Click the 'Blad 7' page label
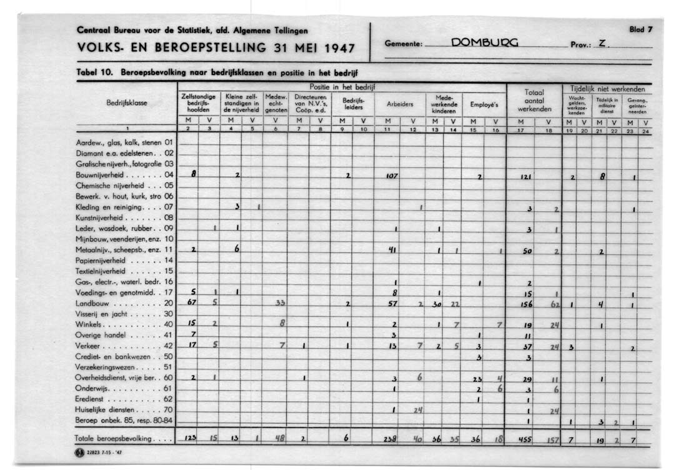click(641, 29)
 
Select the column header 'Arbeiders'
click(399, 104)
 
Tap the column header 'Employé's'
click(484, 104)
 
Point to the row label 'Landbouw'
click(97, 302)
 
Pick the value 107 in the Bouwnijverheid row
click(392, 177)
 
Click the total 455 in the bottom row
click(525, 439)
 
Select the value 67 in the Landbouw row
click(192, 302)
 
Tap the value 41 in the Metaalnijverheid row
click(393, 249)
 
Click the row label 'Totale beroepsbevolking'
click(113, 439)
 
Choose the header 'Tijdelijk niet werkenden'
click(607, 89)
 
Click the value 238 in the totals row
click(390, 439)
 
